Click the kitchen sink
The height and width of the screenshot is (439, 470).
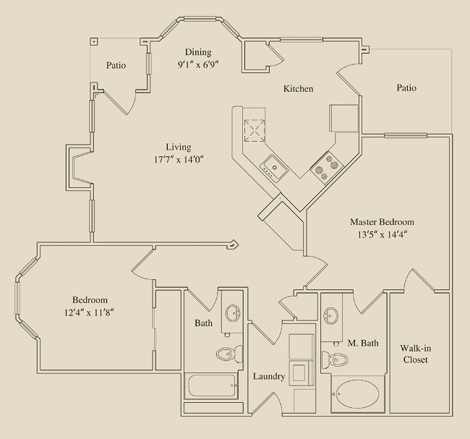[274, 168]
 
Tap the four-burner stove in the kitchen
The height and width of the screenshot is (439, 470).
[327, 166]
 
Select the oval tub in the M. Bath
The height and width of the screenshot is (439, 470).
[357, 394]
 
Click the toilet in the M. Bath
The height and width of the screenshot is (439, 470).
[335, 359]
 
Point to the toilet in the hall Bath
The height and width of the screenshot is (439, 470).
[230, 354]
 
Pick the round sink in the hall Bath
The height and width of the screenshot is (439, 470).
[234, 312]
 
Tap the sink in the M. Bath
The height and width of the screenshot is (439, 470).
[331, 315]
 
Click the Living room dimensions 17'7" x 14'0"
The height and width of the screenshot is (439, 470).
[179, 159]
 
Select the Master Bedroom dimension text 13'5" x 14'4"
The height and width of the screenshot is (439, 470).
[383, 234]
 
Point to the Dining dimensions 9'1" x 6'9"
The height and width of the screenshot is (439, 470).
[198, 64]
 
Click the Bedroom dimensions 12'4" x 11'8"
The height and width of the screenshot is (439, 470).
[89, 312]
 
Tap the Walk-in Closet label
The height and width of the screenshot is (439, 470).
[416, 354]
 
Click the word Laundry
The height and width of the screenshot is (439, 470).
[269, 377]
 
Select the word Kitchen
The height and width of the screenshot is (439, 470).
[298, 89]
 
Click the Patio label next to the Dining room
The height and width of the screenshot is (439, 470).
[116, 65]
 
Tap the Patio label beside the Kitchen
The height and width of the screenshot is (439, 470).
[406, 88]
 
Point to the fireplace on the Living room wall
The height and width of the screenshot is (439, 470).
[79, 167]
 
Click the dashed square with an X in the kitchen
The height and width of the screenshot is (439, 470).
[255, 130]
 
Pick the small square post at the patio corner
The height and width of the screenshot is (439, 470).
[94, 41]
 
